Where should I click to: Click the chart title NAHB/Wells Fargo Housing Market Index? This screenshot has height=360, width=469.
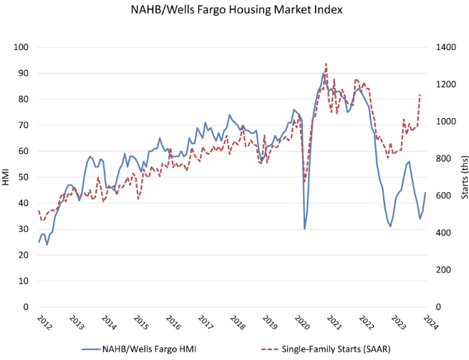click(233, 10)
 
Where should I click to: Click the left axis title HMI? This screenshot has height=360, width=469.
click(8, 177)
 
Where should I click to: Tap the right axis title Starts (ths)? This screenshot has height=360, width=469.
click(463, 177)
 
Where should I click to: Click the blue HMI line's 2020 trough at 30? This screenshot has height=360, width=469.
click(305, 229)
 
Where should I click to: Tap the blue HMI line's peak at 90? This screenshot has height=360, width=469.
click(324, 73)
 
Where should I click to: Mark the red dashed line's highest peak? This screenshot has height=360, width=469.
click(326, 63)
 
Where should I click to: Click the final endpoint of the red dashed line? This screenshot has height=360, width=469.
click(420, 94)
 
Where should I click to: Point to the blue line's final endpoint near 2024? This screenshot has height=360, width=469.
click(425, 193)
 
